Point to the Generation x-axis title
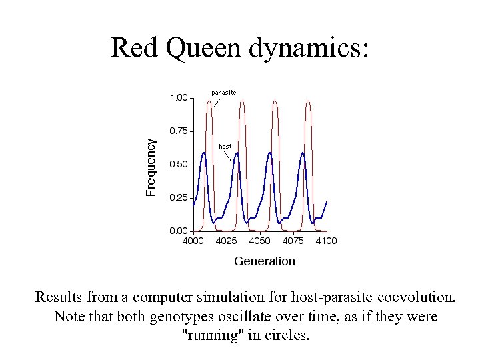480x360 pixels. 264,261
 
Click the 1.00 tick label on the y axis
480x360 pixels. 178,98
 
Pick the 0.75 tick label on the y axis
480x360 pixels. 178,131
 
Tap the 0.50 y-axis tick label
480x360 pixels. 178,165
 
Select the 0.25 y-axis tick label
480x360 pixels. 178,198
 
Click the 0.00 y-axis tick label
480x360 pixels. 178,231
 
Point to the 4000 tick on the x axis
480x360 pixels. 193,241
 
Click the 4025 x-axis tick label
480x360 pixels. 227,241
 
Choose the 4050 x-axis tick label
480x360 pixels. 260,241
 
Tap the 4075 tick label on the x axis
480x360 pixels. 293,241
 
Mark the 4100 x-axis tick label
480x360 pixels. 326,241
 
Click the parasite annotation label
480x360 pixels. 223,91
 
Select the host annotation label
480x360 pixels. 225,146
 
